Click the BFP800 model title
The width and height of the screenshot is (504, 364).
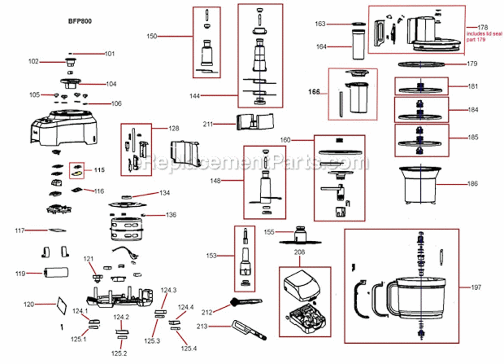pyautogui.click(x=80, y=21)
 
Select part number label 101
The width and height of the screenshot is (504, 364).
pyautogui.click(x=110, y=53)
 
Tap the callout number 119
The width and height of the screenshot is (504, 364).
pyautogui.click(x=20, y=274)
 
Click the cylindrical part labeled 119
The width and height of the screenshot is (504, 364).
pyautogui.click(x=55, y=274)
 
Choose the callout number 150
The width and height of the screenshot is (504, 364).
pyautogui.click(x=152, y=36)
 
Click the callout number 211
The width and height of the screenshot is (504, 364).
pyautogui.click(x=208, y=124)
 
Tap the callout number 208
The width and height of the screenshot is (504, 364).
pyautogui.click(x=299, y=253)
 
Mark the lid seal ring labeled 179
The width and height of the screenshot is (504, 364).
pyautogui.click(x=422, y=64)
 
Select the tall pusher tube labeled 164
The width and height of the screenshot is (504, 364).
pyautogui.click(x=358, y=45)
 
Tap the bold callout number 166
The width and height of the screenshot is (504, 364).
pyautogui.click(x=315, y=92)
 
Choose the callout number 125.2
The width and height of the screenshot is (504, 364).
pyautogui.click(x=119, y=353)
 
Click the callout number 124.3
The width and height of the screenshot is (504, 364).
pyautogui.click(x=169, y=290)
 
